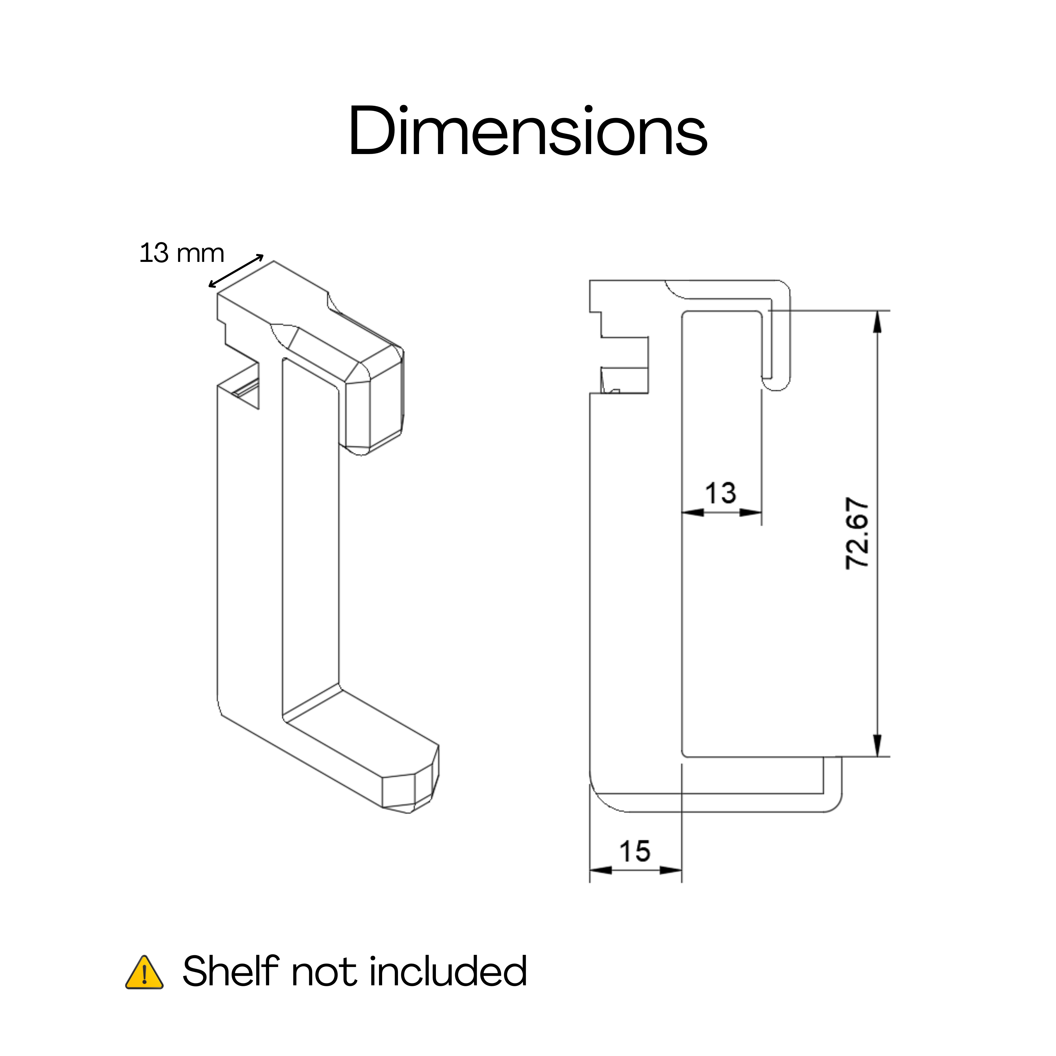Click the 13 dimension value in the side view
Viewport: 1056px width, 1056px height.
tap(720, 493)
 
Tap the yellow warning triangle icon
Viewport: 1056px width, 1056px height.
tap(144, 972)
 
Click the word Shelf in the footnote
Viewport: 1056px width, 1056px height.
tap(231, 971)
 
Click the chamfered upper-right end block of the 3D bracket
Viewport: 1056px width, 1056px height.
tap(375, 399)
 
